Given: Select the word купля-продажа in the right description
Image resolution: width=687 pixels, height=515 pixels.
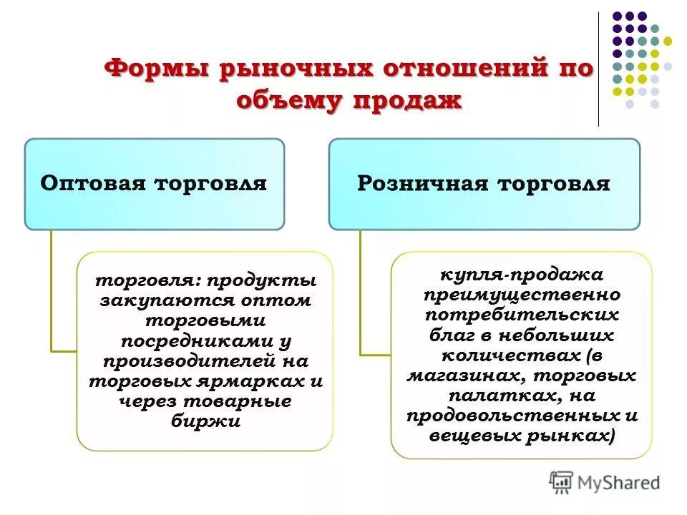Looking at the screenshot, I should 522,275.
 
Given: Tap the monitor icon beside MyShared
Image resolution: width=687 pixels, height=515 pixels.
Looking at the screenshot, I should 561,483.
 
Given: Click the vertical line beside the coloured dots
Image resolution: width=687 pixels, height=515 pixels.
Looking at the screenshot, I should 598,68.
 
